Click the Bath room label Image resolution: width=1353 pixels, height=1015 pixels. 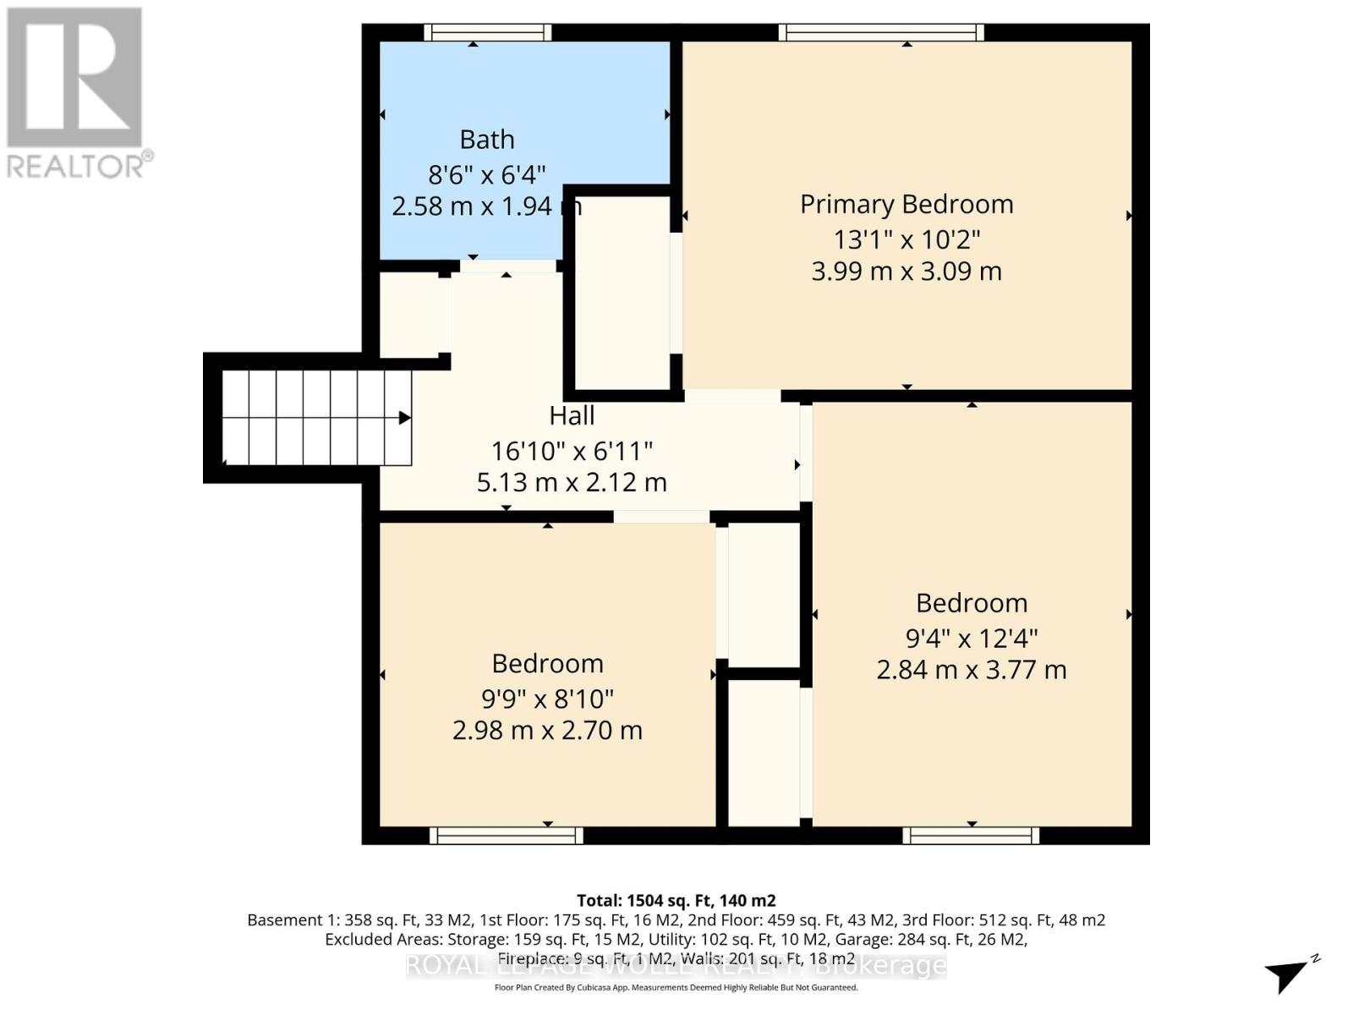click(486, 140)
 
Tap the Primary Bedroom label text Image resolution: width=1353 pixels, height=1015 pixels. click(907, 205)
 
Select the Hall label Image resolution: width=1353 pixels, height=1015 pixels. click(572, 416)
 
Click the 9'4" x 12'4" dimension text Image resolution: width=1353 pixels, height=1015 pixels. click(972, 638)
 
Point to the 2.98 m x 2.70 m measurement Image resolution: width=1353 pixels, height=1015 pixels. click(547, 730)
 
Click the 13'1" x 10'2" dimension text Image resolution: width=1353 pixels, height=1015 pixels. click(907, 239)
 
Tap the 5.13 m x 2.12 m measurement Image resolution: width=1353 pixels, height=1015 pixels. click(572, 483)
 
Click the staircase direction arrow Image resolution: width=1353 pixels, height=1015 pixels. click(405, 418)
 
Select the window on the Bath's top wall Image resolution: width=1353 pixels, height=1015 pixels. click(487, 32)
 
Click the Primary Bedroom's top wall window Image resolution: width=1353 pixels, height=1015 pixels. click(881, 32)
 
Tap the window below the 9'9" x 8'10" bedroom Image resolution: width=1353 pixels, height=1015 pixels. click(506, 836)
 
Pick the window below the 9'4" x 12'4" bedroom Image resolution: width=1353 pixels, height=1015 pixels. click(971, 836)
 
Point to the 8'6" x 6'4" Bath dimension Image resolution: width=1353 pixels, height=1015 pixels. click(486, 175)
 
